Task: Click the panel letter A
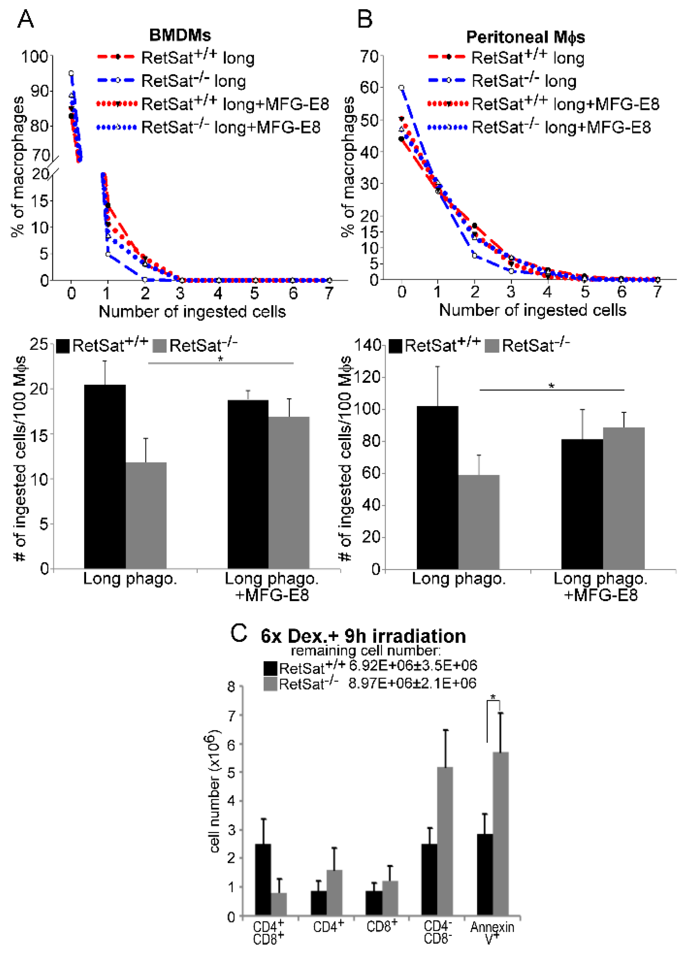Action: pyautogui.click(x=25, y=19)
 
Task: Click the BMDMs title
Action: pyautogui.click(x=180, y=35)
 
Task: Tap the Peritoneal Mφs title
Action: pyautogui.click(x=525, y=37)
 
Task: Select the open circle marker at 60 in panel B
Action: pyautogui.click(x=402, y=88)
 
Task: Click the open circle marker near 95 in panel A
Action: pyautogui.click(x=72, y=73)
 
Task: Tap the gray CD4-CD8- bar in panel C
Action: pyautogui.click(x=445, y=841)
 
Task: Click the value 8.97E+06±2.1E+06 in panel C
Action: pyautogui.click(x=412, y=683)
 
